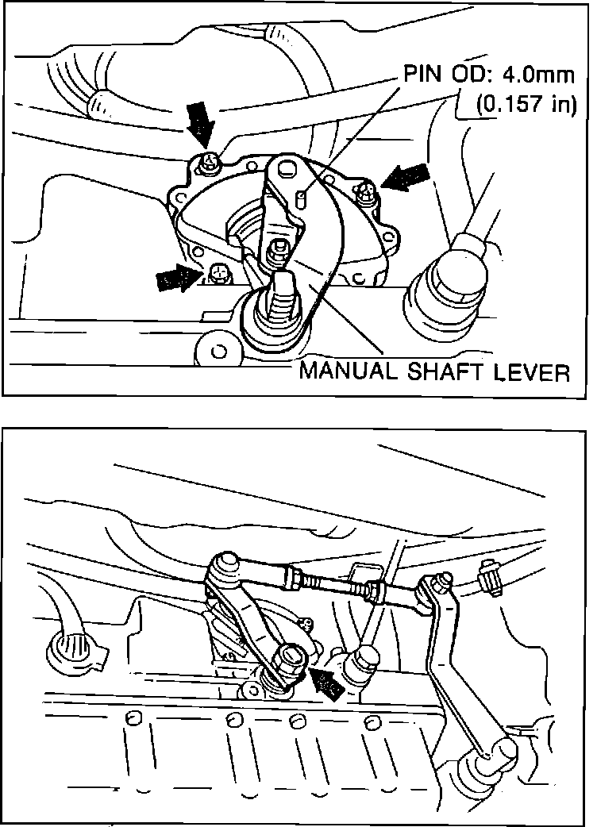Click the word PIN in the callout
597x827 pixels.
[x=422, y=75]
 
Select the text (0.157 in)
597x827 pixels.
[x=526, y=105]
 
